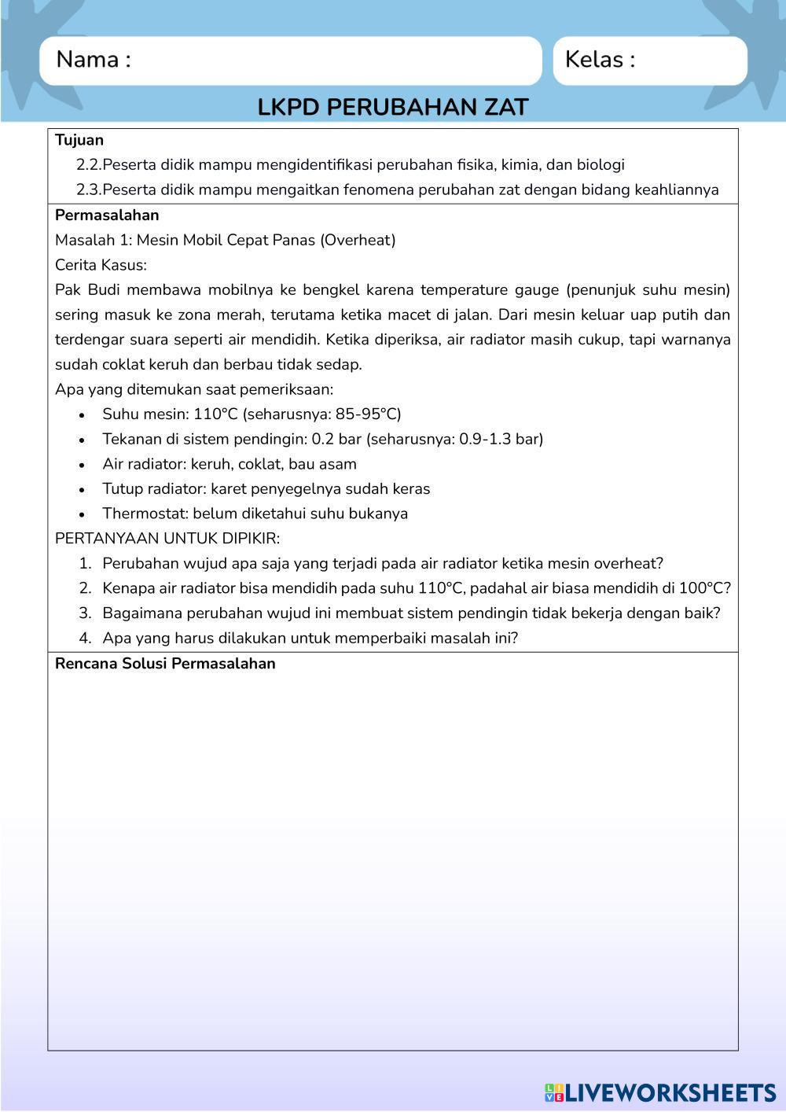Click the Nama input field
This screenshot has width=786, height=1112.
[330, 61]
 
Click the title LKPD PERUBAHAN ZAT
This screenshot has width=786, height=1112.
[393, 107]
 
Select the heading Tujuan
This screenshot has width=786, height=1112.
[79, 140]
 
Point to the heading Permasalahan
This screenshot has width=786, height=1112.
[107, 215]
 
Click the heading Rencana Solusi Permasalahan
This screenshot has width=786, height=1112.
[165, 663]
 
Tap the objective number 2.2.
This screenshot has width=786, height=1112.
[89, 165]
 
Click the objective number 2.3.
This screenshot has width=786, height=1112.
[89, 190]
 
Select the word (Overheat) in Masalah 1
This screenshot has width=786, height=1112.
[358, 240]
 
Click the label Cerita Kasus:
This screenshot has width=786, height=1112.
[101, 265]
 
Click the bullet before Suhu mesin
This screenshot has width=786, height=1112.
[83, 415]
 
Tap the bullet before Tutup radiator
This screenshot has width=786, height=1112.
[83, 490]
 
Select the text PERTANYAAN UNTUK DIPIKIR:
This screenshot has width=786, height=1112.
[167, 539]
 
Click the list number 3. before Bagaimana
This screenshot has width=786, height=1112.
[85, 613]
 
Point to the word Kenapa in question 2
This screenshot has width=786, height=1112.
[128, 588]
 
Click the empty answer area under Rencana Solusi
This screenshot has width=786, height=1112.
[393, 857]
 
